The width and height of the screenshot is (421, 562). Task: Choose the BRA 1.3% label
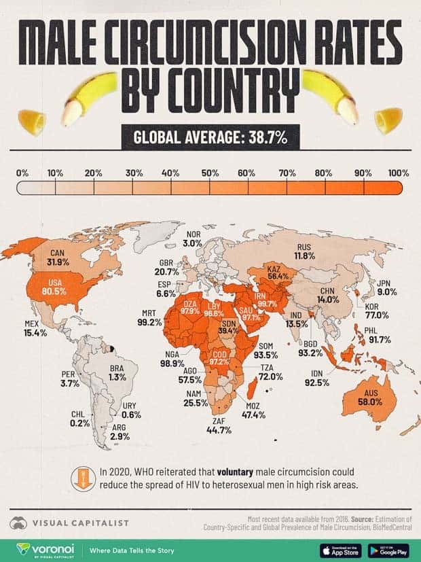117,372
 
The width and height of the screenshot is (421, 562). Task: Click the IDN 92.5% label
316,378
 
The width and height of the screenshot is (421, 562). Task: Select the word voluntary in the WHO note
240,471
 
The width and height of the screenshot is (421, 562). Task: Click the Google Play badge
388,549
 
